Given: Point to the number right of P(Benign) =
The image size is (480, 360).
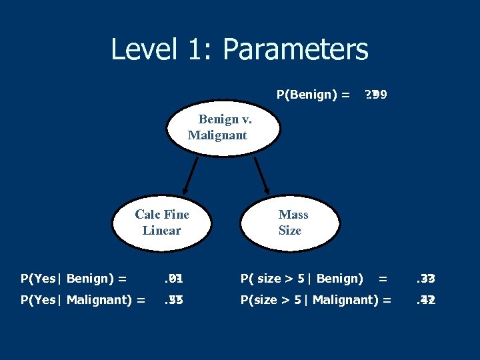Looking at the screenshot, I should tap(375, 95).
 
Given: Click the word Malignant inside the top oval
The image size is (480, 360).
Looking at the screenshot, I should tap(217, 135).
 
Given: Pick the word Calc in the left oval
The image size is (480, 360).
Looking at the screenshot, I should tap(147, 214).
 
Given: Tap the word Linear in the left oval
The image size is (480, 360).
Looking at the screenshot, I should tap(161, 231).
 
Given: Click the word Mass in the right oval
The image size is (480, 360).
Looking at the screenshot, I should tap(293, 214).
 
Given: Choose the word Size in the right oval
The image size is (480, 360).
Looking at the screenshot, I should tap(290, 231).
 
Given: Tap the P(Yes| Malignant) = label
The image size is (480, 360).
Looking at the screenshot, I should tap(83, 300).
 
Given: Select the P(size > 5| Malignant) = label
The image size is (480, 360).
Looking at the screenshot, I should tap(316, 300).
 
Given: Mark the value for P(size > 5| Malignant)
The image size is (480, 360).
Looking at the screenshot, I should tap(425, 300).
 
